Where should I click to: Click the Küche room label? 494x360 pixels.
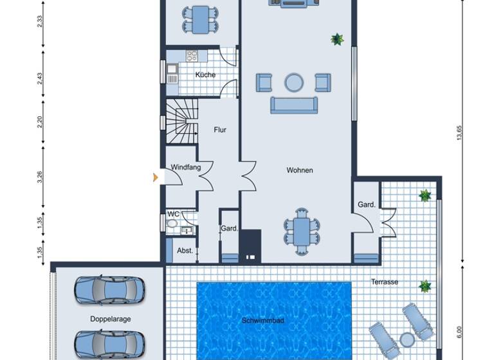coord(205,75)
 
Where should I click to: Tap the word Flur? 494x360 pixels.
coord(220,130)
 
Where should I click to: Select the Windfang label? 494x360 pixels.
coord(186,167)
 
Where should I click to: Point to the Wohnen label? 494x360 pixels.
coord(300,170)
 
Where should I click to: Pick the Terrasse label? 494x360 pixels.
coord(385,282)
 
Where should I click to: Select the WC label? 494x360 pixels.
coord(173,214)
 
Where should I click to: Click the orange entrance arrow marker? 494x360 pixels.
coord(155,177)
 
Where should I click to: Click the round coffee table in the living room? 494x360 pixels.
coord(294,82)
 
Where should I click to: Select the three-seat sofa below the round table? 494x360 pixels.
coord(293,105)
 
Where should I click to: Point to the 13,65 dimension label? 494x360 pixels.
coord(459,132)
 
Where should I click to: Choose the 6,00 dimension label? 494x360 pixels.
coord(459,330)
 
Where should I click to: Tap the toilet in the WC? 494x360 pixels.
coord(171,224)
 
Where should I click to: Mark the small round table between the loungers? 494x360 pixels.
coord(407,339)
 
